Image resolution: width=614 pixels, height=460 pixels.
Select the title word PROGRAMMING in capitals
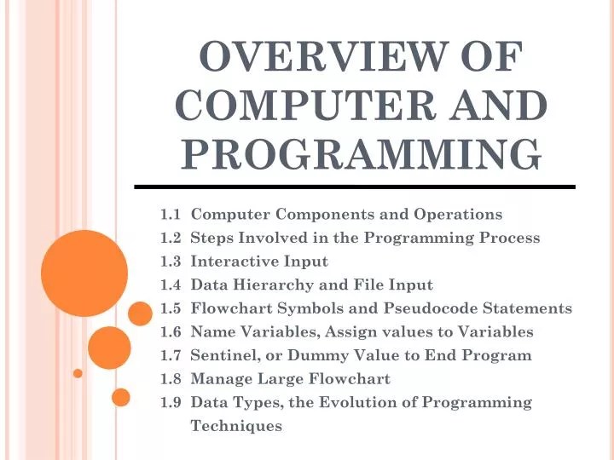click(362, 153)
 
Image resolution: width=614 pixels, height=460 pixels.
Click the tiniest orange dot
click(78, 373)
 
